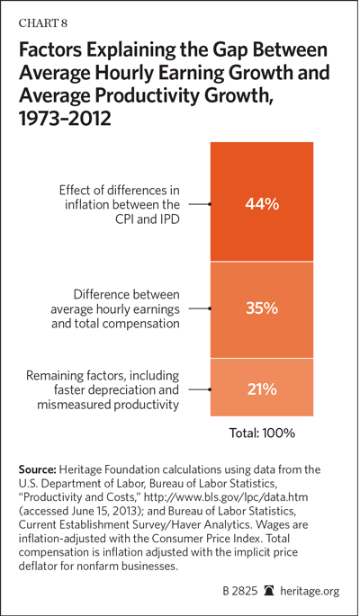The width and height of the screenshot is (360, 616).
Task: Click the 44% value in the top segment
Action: tap(262, 204)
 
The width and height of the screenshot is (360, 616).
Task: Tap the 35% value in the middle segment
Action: tap(262, 308)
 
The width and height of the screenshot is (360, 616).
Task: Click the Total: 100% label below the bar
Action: tap(262, 433)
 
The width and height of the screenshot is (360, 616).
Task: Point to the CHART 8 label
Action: tap(43, 23)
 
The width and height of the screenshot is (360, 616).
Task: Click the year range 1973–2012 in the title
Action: tap(66, 118)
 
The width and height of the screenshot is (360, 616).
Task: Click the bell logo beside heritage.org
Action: tap(269, 591)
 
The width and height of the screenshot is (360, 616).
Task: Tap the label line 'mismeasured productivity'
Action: tap(108, 405)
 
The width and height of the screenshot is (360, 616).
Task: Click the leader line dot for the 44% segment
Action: tap(211, 204)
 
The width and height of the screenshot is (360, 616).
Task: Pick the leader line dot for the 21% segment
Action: tap(211, 389)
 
